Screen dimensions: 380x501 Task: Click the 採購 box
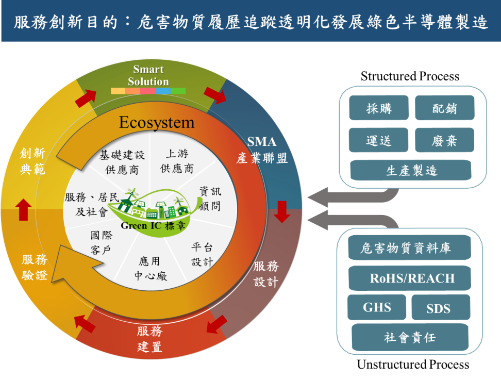379,108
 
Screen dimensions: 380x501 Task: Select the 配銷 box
444,108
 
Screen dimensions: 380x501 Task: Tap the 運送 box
379,140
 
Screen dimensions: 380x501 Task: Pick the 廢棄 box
444,140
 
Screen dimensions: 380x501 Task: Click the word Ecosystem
157,123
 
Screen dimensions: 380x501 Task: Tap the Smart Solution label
148,75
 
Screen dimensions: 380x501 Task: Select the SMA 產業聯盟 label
262,150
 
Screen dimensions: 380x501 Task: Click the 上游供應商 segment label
176,161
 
